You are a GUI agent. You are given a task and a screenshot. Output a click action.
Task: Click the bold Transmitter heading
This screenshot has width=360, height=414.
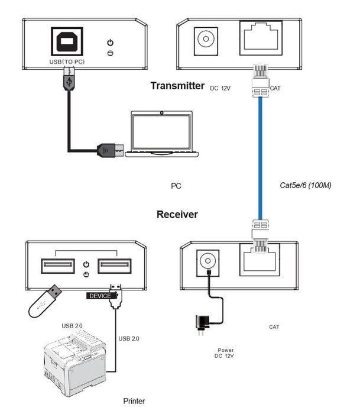tap(177, 86)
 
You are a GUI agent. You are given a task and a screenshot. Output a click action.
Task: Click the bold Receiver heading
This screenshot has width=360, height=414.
tap(177, 214)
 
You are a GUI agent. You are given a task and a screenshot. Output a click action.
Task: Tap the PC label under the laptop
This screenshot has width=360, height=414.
tap(176, 186)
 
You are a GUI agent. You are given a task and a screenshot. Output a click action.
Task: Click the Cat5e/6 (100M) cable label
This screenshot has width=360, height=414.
tap(305, 185)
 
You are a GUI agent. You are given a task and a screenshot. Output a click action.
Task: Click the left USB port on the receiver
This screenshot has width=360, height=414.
tap(58, 266)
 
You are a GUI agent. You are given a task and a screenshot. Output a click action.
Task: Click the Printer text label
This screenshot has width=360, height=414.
tap(134, 401)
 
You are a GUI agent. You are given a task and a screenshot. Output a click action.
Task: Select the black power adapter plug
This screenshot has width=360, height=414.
tap(200, 323)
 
